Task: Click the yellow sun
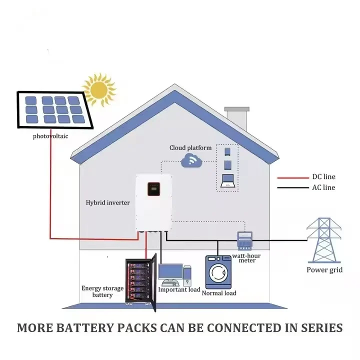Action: click(99, 90)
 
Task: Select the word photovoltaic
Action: click(50, 136)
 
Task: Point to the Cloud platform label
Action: click(190, 148)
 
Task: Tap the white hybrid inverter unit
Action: click(154, 202)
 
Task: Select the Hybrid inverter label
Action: click(107, 202)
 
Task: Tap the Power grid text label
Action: click(325, 270)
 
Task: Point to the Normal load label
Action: click(219, 293)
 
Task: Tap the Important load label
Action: click(179, 289)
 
